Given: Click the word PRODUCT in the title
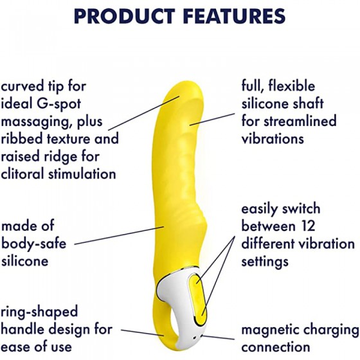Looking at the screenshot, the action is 124,16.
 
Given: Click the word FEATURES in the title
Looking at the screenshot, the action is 235,16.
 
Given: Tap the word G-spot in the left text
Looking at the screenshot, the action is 59,104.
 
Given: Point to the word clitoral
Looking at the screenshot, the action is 22,174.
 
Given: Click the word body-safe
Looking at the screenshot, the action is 33,244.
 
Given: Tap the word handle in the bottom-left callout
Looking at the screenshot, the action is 22,329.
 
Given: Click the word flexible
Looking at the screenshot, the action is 292,86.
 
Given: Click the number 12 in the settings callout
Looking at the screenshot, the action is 307,226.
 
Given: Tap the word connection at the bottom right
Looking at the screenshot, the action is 276,347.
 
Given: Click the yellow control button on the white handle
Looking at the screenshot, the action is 199,300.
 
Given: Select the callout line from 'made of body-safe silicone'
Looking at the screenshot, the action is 119,235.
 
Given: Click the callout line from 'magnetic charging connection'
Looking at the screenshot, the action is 218,337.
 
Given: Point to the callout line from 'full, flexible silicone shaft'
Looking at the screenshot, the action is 212,119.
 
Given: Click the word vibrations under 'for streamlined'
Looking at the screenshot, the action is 273,138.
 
